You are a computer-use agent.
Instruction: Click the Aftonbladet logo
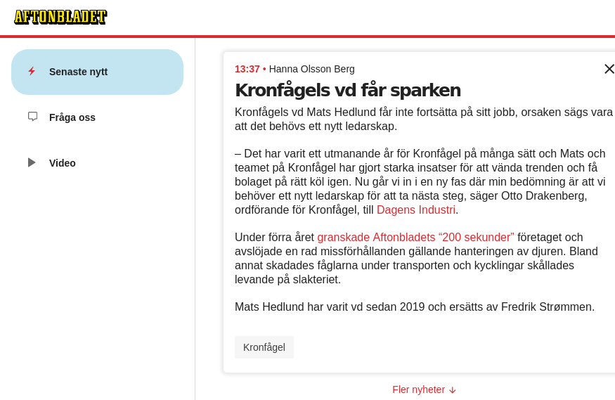pyautogui.click(x=60, y=17)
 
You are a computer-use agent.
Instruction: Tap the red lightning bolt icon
pyautogui.click(x=32, y=71)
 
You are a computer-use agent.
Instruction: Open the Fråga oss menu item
pyautogui.click(x=72, y=117)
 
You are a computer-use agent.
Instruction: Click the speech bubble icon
pyautogui.click(x=32, y=117)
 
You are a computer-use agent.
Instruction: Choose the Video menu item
pyautogui.click(x=62, y=163)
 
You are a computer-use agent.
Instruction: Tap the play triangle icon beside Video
pyautogui.click(x=32, y=162)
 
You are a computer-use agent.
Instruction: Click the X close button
pyautogui.click(x=609, y=69)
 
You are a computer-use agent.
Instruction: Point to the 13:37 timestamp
pyautogui.click(x=247, y=69)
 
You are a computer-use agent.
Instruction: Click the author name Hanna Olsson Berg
pyautogui.click(x=311, y=69)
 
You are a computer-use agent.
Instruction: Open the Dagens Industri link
pyautogui.click(x=417, y=209)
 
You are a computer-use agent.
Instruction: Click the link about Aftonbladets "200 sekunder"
pyautogui.click(x=415, y=237)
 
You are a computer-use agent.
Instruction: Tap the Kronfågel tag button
pyautogui.click(x=264, y=347)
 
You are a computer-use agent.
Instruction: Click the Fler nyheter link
pyautogui.click(x=419, y=389)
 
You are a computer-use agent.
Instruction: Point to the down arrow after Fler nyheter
pyautogui.click(x=453, y=390)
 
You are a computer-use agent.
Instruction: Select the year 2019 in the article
pyautogui.click(x=413, y=307)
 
